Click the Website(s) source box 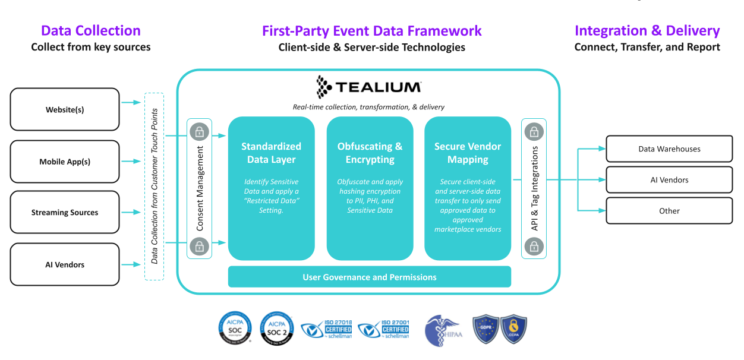[x=65, y=109]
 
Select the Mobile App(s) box [x=65, y=162]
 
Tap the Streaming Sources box [x=65, y=212]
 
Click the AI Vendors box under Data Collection [x=65, y=264]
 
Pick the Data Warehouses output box [x=669, y=149]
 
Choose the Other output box [x=669, y=210]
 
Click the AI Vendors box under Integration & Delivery [x=669, y=179]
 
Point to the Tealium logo [x=368, y=87]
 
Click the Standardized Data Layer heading [x=271, y=153]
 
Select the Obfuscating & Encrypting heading [x=370, y=153]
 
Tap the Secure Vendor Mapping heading [x=468, y=153]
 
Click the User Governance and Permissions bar [x=369, y=277]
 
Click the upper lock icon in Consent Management [x=200, y=131]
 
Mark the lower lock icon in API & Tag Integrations [x=534, y=245]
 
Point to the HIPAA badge [x=443, y=330]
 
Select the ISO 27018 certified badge [x=326, y=329]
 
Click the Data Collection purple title [x=90, y=31]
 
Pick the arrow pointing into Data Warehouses [x=597, y=149]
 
